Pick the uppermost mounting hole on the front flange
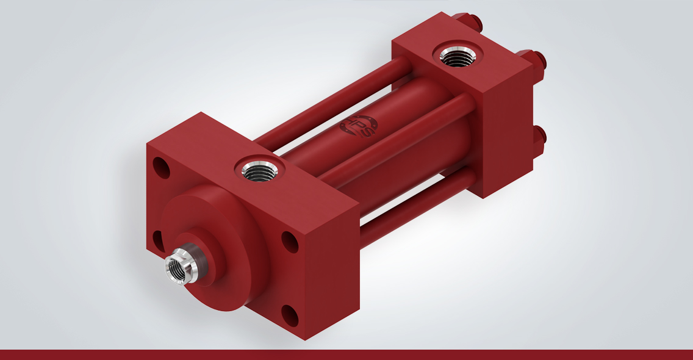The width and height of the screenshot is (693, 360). coord(162,166)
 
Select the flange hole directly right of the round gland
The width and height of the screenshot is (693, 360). coord(289,241)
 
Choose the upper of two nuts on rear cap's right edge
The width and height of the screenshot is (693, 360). coord(538,60)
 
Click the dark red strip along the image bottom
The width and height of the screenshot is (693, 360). coord(346,355)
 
